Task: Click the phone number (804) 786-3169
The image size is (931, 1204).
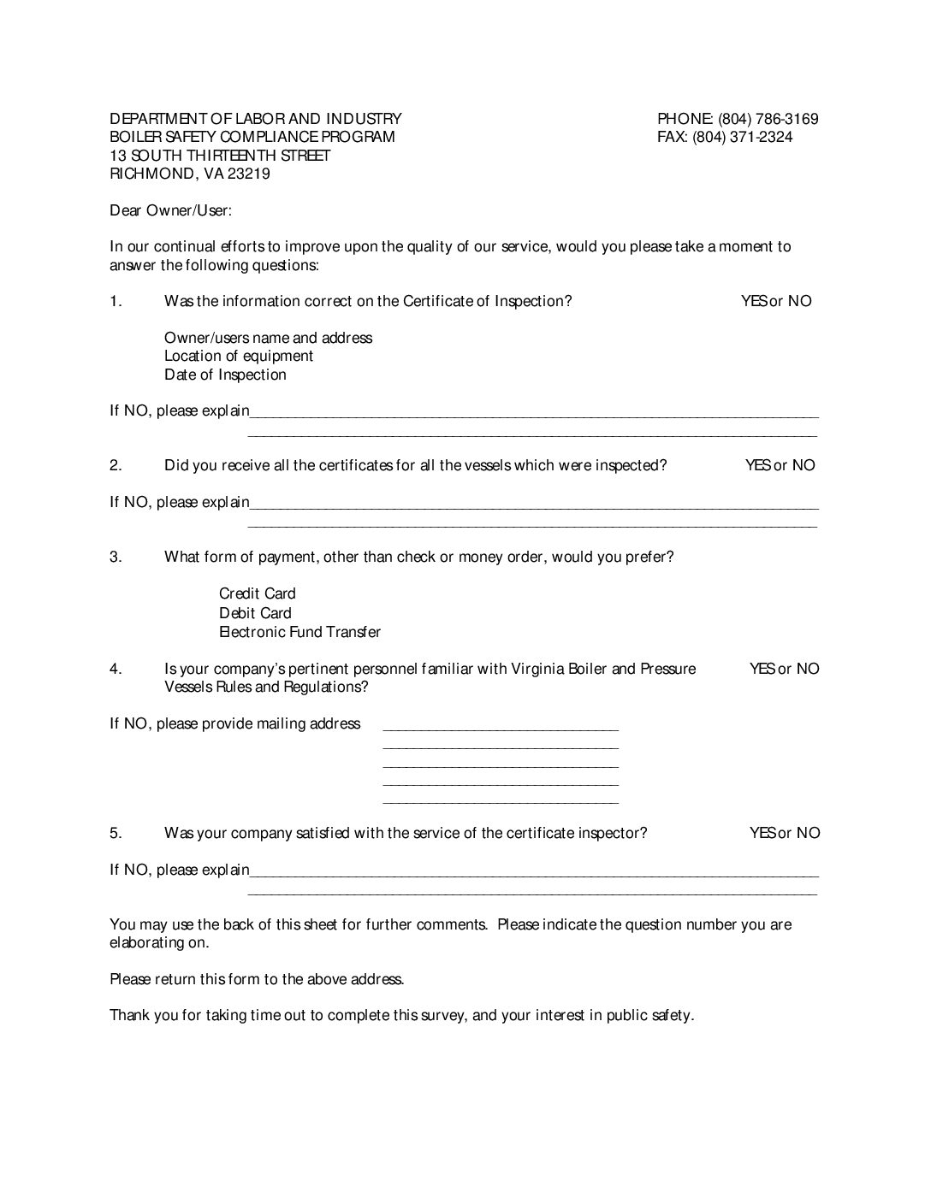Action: [x=768, y=119]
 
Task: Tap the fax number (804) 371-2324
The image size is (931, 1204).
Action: [x=742, y=137]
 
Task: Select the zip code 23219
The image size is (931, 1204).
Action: [x=249, y=174]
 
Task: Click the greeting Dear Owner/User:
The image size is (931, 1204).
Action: [x=170, y=210]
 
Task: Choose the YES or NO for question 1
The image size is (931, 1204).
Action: [x=776, y=301]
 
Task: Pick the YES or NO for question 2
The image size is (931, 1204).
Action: [x=780, y=465]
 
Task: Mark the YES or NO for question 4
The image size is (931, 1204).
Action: [x=784, y=669]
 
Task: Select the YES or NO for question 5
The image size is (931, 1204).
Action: [x=784, y=833]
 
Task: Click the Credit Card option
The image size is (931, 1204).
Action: [x=257, y=593]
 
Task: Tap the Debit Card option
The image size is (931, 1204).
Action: [x=255, y=613]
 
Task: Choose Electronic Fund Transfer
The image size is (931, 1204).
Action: [x=299, y=632]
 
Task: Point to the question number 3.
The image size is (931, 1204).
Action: [x=116, y=558]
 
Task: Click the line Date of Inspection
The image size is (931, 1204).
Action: [x=225, y=375]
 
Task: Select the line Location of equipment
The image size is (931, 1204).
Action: [x=239, y=356]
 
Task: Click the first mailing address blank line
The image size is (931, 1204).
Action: [x=501, y=729]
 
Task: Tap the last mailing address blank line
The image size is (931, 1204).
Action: [x=501, y=802]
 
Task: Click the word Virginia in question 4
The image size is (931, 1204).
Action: [x=537, y=669]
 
